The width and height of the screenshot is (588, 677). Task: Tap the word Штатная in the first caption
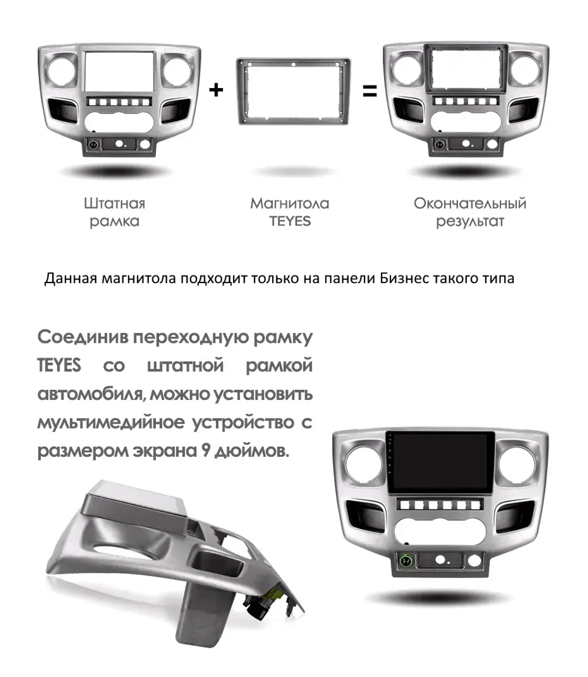tap(114, 204)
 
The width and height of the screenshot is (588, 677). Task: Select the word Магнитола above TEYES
tap(289, 204)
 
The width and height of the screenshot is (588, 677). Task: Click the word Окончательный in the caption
tap(470, 204)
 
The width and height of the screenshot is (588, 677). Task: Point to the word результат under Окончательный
tap(470, 222)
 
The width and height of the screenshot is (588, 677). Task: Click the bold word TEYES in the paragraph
tap(59, 366)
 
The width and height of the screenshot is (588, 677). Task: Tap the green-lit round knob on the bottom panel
tap(406, 561)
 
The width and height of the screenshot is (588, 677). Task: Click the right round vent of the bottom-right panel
tap(517, 468)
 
